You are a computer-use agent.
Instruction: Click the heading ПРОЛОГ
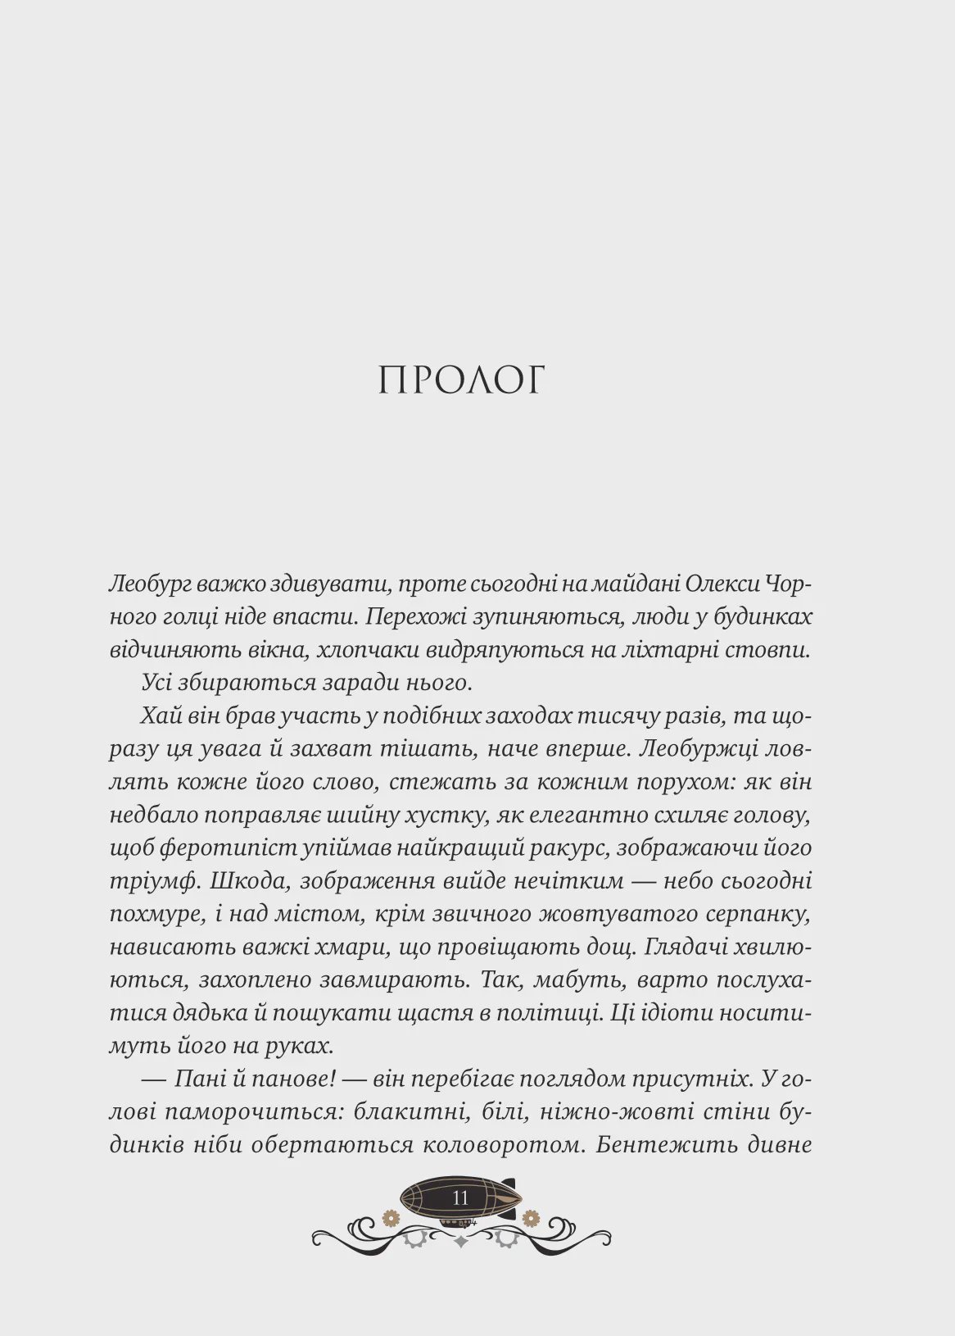461,380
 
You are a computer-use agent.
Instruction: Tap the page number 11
460,1197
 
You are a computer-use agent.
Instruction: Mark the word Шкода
248,881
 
